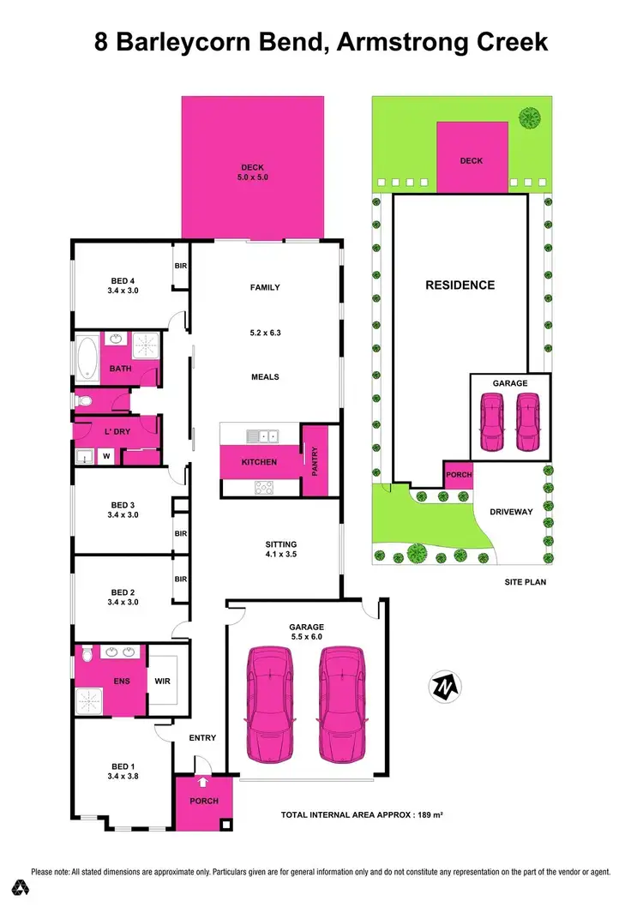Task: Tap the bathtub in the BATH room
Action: (x=88, y=359)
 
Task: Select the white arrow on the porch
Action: (x=202, y=782)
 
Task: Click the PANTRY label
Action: (x=315, y=458)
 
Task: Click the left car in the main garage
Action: (x=269, y=705)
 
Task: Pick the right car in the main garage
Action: (x=343, y=705)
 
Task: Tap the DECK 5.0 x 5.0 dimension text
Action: (x=253, y=177)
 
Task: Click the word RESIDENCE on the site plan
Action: (x=460, y=285)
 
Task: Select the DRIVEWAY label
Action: (x=511, y=512)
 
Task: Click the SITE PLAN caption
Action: (x=525, y=581)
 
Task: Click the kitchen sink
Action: (x=261, y=437)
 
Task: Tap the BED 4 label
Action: (x=123, y=281)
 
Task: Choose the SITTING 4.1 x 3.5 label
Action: (x=280, y=549)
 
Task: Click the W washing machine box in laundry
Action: (x=106, y=456)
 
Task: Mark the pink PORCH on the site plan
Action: (x=458, y=474)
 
